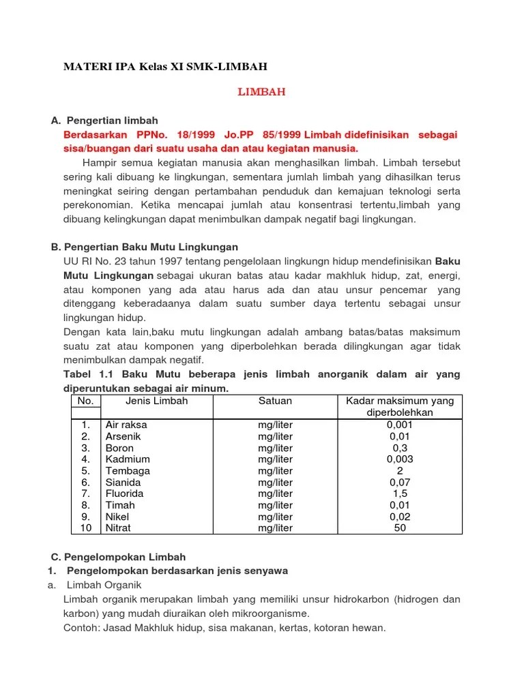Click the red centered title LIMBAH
(261, 92)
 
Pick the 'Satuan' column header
(275, 401)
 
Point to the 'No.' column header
(86, 401)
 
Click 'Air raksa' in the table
(126, 425)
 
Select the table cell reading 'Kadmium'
(128, 459)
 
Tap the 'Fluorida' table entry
(126, 494)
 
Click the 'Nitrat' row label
(118, 528)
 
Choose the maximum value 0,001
(400, 425)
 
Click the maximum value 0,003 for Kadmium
(400, 459)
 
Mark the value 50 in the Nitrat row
(400, 528)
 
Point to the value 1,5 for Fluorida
(400, 494)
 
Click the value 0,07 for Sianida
(400, 482)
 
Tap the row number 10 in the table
(86, 528)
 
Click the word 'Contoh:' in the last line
(82, 628)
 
